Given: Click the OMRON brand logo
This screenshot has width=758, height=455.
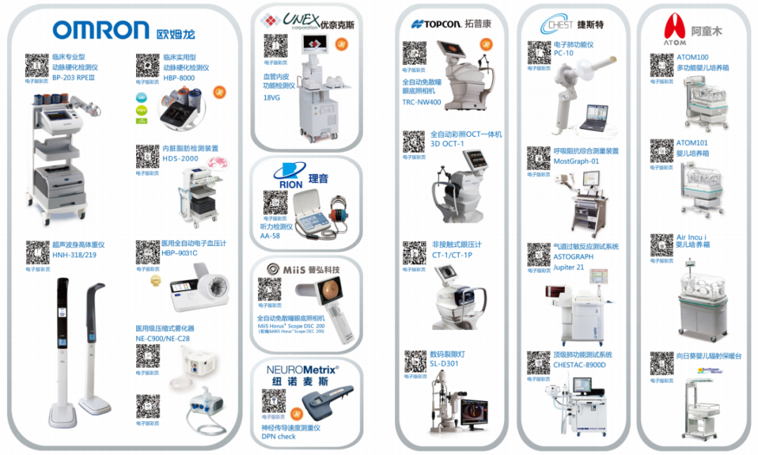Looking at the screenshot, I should [x=101, y=29].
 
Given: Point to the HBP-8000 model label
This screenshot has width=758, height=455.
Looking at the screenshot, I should [x=179, y=79].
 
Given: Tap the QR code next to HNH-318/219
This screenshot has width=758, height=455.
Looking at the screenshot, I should [x=37, y=252].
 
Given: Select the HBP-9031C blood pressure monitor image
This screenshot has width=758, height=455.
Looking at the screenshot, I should [x=200, y=289].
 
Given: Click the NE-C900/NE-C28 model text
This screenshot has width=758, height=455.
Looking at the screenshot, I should [x=162, y=338].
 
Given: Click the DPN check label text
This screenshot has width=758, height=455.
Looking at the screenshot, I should [x=279, y=436].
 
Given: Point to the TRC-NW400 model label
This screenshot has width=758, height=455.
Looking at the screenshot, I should [x=421, y=102].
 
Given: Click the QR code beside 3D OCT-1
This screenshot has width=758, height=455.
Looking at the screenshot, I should [x=413, y=141].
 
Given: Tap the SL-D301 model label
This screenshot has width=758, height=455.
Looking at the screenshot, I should [x=444, y=364].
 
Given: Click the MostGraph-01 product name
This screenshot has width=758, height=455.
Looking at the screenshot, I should [x=576, y=161].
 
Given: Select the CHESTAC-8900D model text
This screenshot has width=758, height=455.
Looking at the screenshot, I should [x=579, y=365].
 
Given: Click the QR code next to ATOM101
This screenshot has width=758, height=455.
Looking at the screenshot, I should [x=661, y=150].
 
